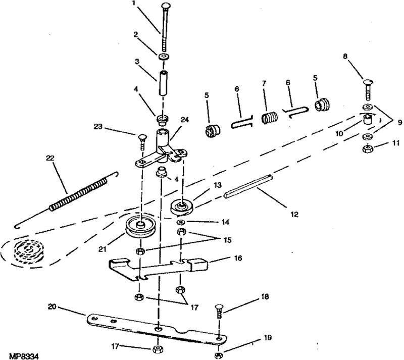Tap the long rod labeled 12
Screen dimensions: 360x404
pos(250,192)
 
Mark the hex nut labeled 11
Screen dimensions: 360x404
pos(368,149)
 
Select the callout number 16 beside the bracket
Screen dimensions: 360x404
pos(238,258)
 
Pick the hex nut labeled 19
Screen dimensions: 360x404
pos(218,355)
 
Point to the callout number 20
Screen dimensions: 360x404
pos(53,306)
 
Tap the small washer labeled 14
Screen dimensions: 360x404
pos(181,223)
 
